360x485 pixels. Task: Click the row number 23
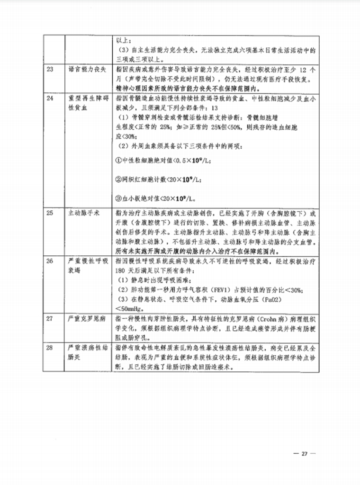[50, 69]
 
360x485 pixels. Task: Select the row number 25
[50, 214]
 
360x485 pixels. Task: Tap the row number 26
[50, 261]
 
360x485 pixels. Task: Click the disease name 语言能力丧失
[86, 69]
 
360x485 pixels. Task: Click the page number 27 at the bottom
[305, 454]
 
